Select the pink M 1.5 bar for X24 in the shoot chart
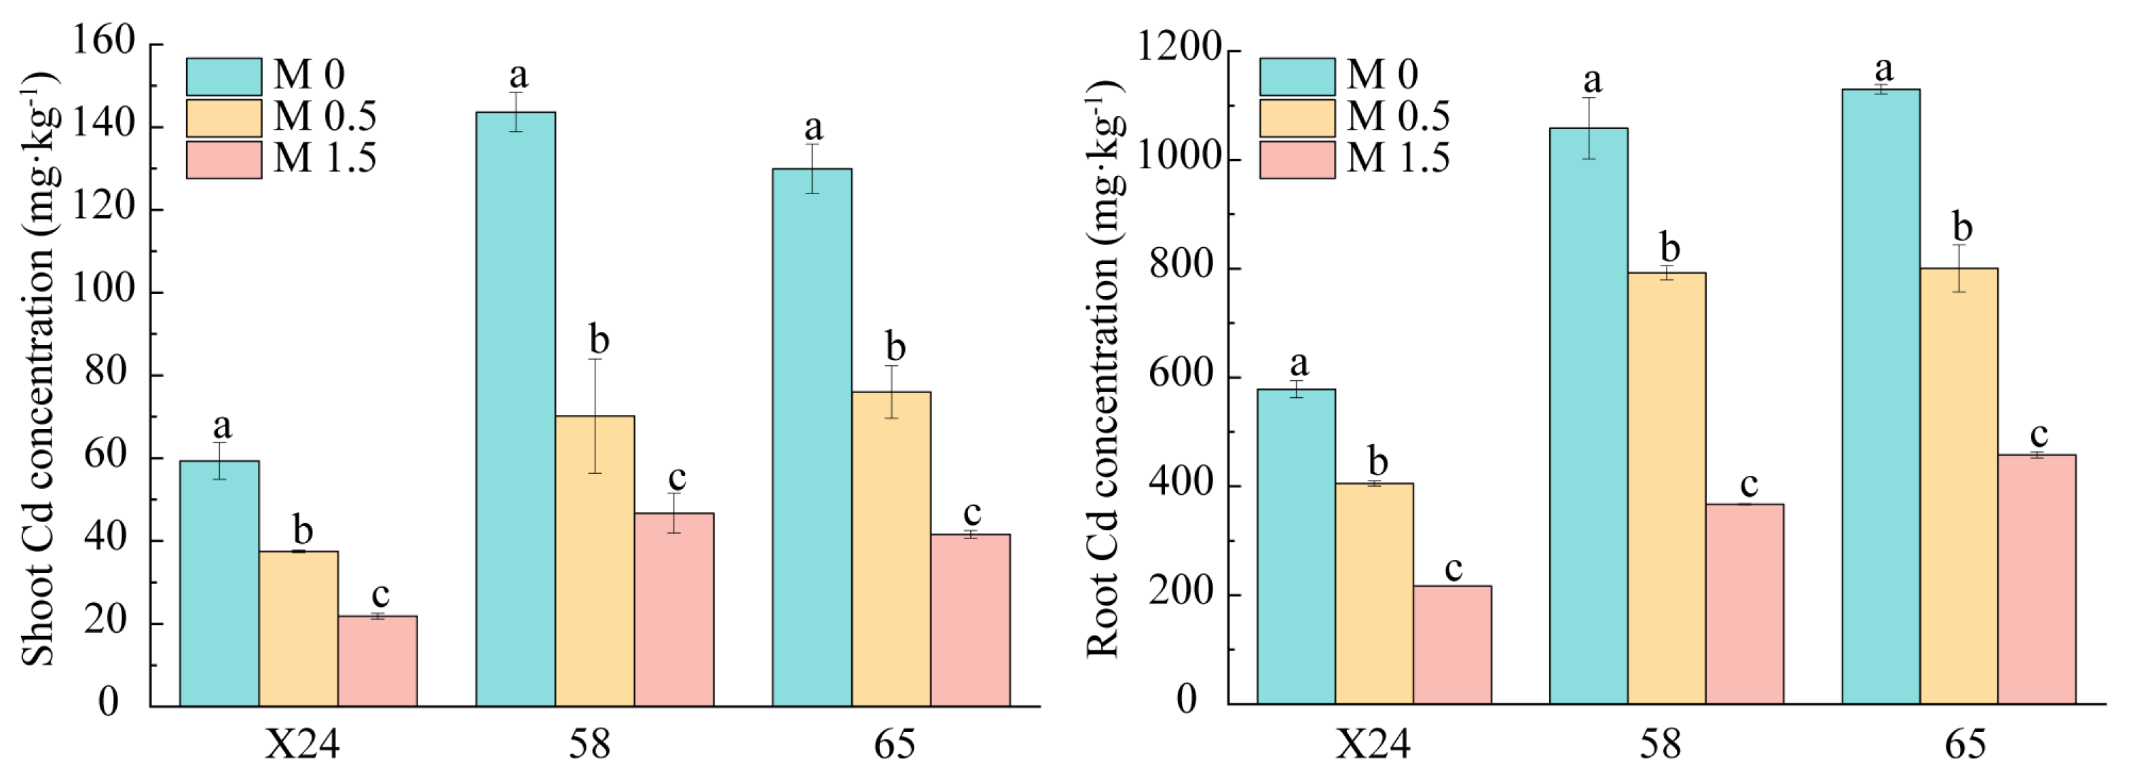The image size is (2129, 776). coord(377,661)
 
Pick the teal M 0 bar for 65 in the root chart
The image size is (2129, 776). coord(1881,396)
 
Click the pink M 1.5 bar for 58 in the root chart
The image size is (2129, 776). coord(1745,604)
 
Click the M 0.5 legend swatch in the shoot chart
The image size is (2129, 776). coord(224,117)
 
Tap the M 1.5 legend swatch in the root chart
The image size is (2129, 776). coord(1297,160)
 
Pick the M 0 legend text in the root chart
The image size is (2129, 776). coord(1382,75)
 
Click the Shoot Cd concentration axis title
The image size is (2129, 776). coord(37,368)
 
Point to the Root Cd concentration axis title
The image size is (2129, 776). coord(1103,368)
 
